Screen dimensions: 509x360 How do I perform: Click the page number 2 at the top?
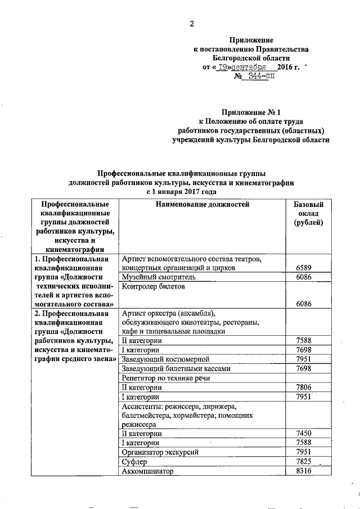coord(191,24)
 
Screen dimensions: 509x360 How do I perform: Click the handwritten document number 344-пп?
coord(258,76)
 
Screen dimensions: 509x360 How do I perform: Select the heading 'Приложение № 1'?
coord(250,112)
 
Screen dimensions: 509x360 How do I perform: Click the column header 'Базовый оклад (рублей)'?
coord(308,214)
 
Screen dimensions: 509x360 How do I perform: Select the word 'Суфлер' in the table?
coord(134,461)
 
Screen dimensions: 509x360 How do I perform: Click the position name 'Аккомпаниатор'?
coord(148,471)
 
